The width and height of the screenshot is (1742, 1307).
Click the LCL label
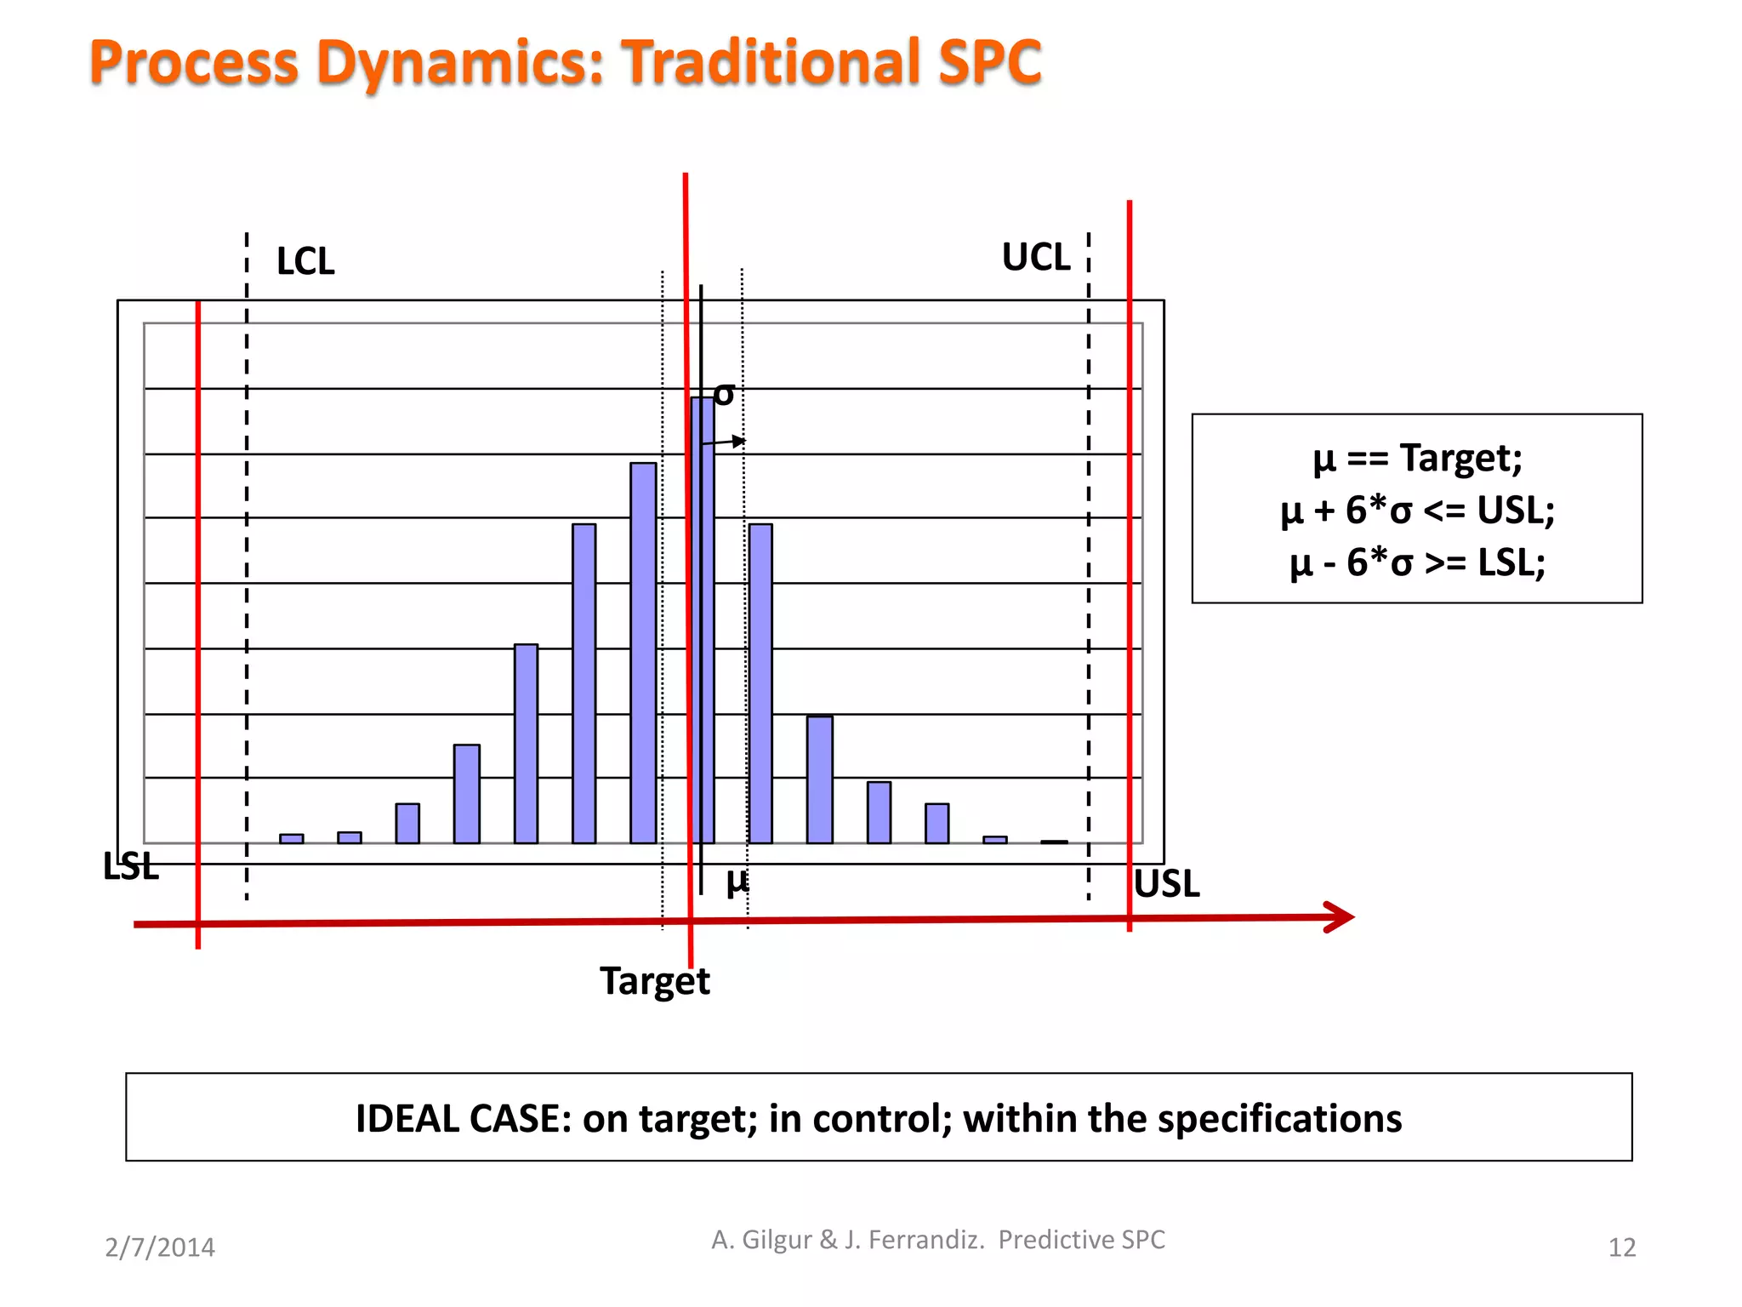(x=305, y=261)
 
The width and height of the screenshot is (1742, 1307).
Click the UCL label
(x=1035, y=257)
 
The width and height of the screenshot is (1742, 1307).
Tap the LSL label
(x=131, y=866)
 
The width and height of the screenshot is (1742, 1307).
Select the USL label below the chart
(x=1166, y=884)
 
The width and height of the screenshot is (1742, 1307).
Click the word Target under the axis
(x=654, y=981)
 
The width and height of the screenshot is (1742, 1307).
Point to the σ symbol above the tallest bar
(x=724, y=394)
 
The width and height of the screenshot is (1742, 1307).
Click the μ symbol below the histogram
(x=737, y=881)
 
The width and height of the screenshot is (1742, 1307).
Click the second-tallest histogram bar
(x=643, y=652)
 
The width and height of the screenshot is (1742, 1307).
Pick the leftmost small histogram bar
(x=291, y=838)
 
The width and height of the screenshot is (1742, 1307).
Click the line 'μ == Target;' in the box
(x=1417, y=458)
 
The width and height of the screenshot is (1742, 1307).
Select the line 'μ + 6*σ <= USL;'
(x=1417, y=511)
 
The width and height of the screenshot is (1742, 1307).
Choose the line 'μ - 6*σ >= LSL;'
(x=1417, y=562)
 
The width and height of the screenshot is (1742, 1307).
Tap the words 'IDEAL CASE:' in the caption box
(x=463, y=1118)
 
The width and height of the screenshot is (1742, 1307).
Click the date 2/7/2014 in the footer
(x=160, y=1247)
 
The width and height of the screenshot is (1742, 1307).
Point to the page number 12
(x=1621, y=1247)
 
